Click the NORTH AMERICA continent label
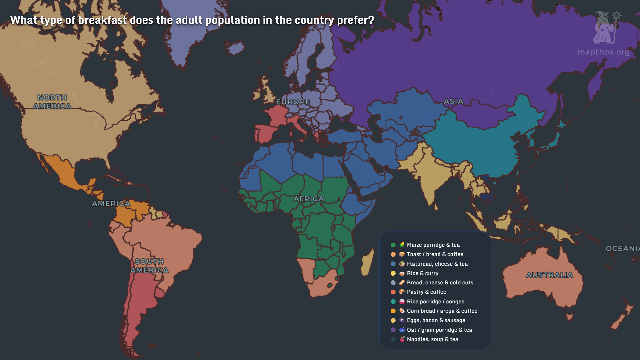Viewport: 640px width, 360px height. pos(52,102)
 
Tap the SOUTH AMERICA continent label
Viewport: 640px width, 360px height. pos(149,266)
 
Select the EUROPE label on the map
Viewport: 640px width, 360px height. pos(293,102)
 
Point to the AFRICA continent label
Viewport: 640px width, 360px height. pos(309,199)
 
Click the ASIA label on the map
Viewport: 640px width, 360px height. pos(453,101)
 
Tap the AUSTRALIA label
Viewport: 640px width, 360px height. pos(549,275)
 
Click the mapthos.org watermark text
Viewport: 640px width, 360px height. pos(603,52)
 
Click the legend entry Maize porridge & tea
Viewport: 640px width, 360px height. pos(433,245)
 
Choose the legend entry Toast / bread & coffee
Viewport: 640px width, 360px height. pos(435,254)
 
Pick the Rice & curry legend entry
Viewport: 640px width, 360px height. pos(422,273)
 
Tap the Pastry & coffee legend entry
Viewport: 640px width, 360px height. pos(426,292)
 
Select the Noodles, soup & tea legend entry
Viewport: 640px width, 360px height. pos(432,339)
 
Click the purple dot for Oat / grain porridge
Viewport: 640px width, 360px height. pos(393,330)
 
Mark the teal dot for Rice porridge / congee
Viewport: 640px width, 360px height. pos(393,301)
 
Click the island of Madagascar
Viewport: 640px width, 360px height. pos(367,263)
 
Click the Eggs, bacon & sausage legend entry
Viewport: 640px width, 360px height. pos(436,320)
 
